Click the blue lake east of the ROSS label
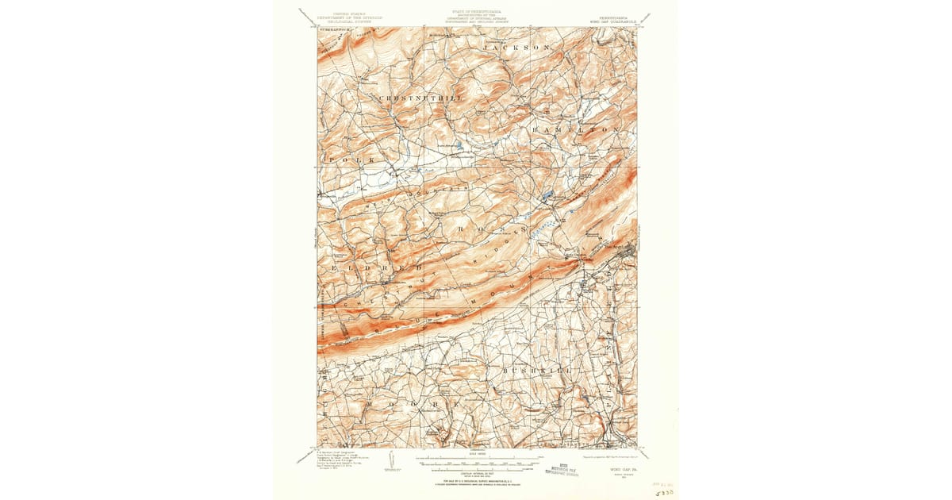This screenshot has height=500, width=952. pyautogui.click(x=547, y=194)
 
